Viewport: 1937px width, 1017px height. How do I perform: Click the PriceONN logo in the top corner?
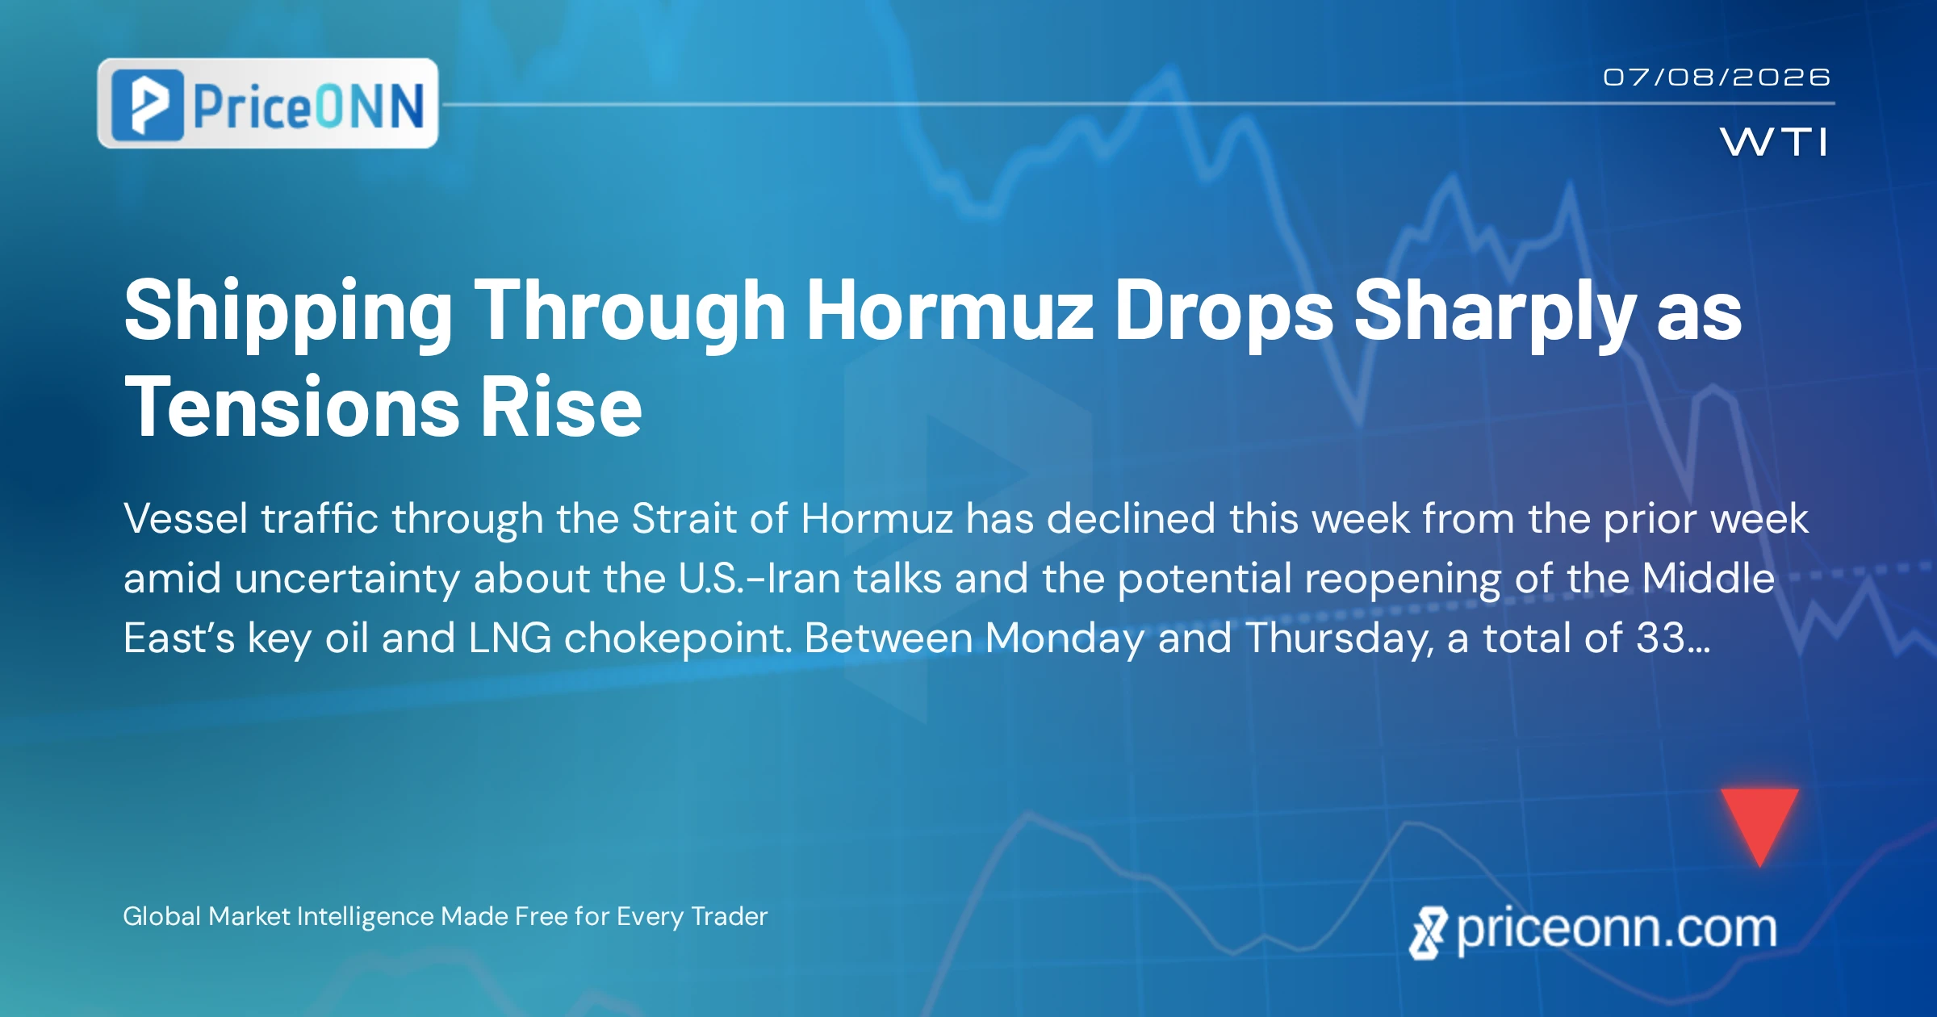[x=268, y=103]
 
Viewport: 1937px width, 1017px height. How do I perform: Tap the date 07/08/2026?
[x=1717, y=77]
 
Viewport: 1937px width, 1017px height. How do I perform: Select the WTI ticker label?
[x=1774, y=142]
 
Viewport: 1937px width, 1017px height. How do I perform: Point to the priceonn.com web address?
[x=1593, y=930]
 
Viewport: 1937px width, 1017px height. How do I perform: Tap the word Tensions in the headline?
[x=292, y=408]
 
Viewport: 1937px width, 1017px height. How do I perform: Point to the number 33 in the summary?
[x=1661, y=638]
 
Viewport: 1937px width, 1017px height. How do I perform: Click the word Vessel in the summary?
[x=186, y=518]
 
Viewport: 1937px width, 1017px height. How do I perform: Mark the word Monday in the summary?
[x=1065, y=639]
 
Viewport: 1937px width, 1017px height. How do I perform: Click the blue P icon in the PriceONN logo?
[x=147, y=105]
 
